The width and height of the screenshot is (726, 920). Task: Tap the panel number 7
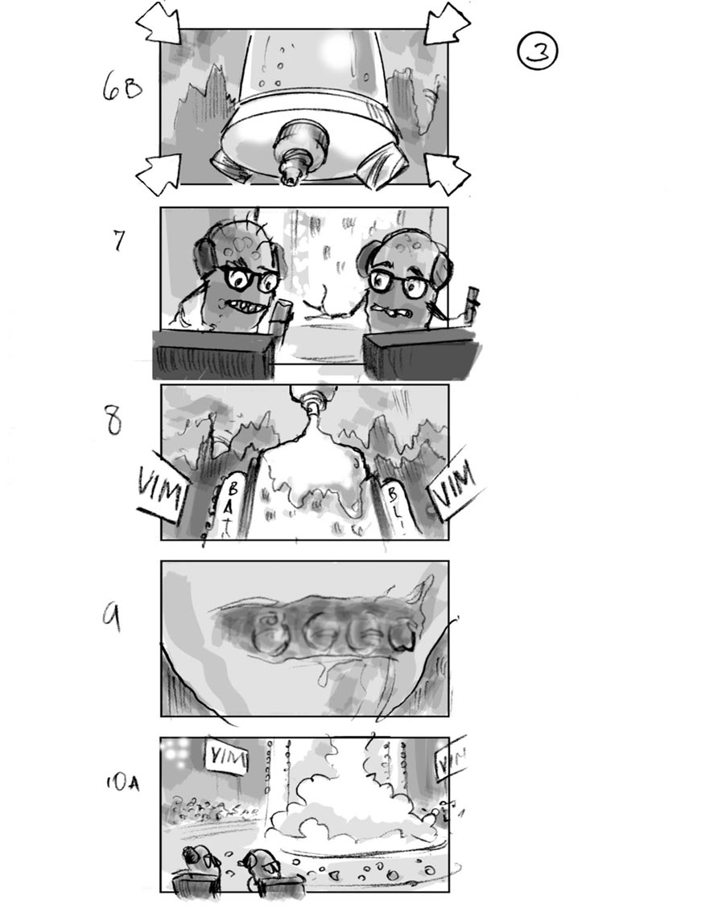pos(119,240)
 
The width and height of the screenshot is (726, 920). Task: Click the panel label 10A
pos(122,782)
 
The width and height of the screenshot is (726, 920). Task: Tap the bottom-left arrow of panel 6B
pos(159,172)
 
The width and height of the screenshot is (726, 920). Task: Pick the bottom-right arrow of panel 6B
pos(448,172)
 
